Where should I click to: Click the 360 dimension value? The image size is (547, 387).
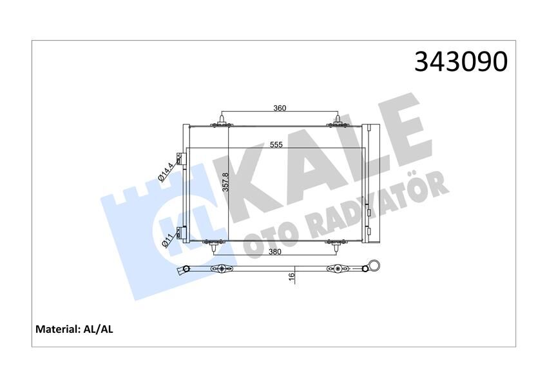tap(279, 108)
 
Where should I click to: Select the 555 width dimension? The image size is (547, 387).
tap(276, 145)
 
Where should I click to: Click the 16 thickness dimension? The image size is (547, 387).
tap(291, 276)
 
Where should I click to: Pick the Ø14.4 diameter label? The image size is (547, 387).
tap(164, 170)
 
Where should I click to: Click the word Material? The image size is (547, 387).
tap(56, 329)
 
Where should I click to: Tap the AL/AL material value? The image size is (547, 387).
tap(98, 329)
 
